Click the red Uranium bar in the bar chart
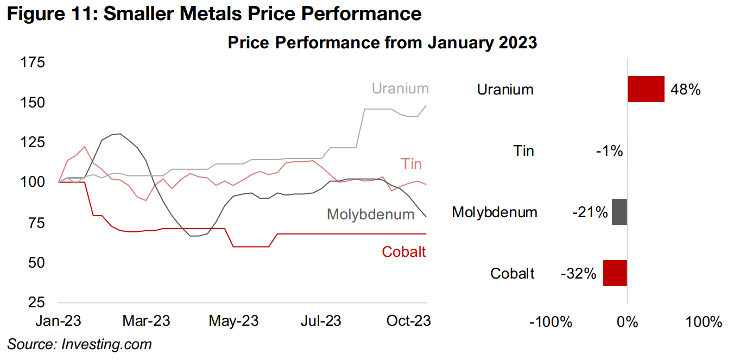(x=646, y=89)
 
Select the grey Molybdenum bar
(x=619, y=212)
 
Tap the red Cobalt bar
(x=615, y=273)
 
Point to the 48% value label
(x=686, y=90)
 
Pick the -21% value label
(x=589, y=212)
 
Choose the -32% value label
(x=579, y=274)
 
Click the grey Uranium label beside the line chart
(x=400, y=89)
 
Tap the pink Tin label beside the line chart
(x=411, y=164)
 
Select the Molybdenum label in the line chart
(x=370, y=214)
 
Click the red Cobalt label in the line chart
(x=404, y=252)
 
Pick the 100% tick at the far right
(x=704, y=322)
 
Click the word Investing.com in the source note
(x=107, y=344)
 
